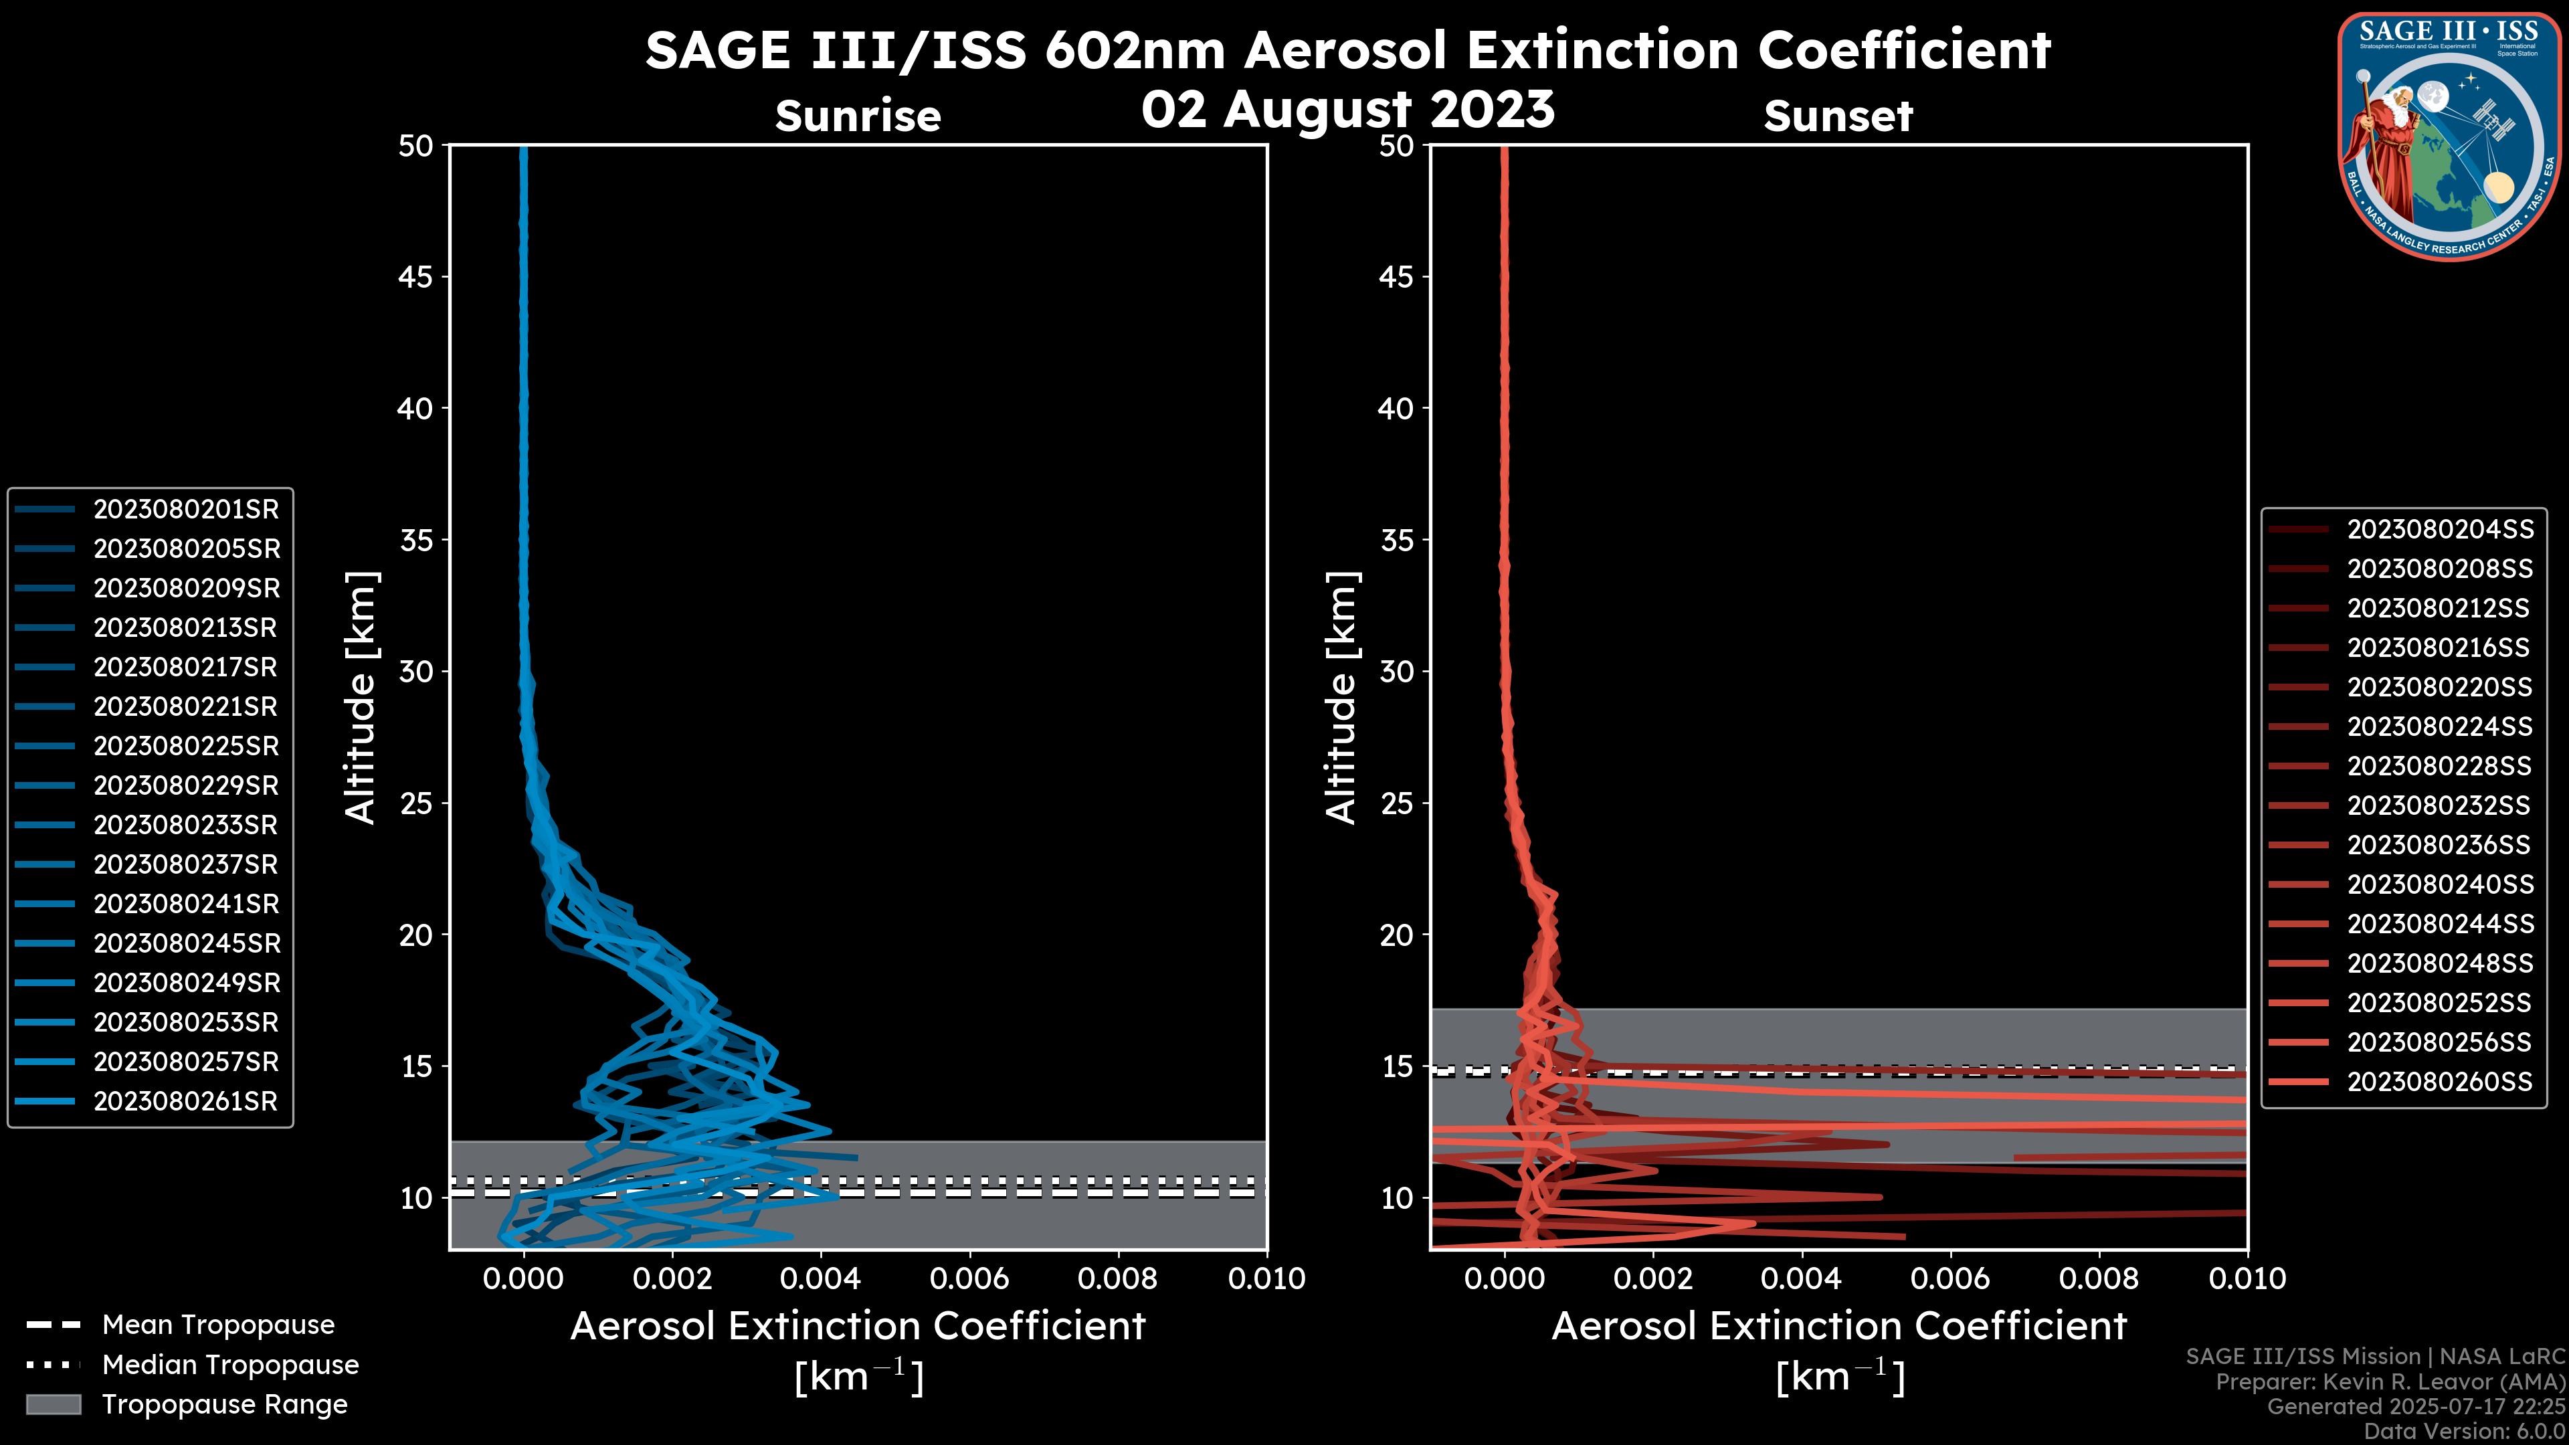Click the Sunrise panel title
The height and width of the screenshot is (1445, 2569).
[858, 116]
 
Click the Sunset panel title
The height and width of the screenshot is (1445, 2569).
[1838, 116]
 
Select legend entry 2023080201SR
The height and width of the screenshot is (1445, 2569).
[185, 510]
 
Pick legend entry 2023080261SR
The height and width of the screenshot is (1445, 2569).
[185, 1102]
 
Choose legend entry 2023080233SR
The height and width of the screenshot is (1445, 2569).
[185, 826]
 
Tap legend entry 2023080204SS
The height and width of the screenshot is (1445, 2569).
[2439, 530]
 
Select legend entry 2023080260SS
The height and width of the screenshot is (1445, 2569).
[2439, 1082]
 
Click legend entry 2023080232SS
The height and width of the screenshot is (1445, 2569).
[2439, 805]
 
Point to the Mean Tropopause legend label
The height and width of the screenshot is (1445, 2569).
[218, 1325]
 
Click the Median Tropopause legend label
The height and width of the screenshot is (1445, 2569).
[230, 1365]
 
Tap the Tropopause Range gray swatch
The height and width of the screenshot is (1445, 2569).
[54, 1405]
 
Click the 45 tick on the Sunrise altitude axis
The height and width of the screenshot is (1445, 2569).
[416, 277]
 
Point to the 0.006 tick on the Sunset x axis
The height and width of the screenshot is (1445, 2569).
[1951, 1278]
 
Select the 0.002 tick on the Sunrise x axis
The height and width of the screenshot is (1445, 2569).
[671, 1278]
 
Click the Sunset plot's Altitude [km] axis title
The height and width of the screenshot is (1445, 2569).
[1341, 698]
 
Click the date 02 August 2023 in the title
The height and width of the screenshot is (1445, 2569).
[1347, 110]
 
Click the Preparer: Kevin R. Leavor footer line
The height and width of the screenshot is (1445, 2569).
[2390, 1382]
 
